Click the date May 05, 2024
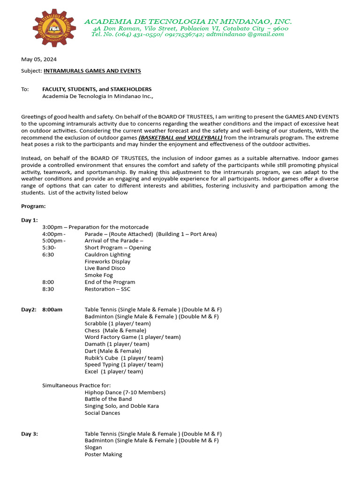(39, 60)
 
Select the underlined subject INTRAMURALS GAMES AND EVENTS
(92, 71)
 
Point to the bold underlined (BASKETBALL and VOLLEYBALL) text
(180, 137)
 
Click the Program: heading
(33, 206)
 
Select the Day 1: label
(30, 220)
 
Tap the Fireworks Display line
(107, 262)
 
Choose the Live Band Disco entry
(105, 268)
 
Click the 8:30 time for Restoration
(48, 289)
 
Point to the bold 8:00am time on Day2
(52, 309)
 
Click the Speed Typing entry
(124, 365)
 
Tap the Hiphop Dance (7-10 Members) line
(125, 392)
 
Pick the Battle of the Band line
(108, 399)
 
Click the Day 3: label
(30, 434)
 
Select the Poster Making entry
(103, 454)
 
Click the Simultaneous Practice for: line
(73, 385)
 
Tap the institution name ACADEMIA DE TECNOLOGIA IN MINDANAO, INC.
(187, 22)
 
